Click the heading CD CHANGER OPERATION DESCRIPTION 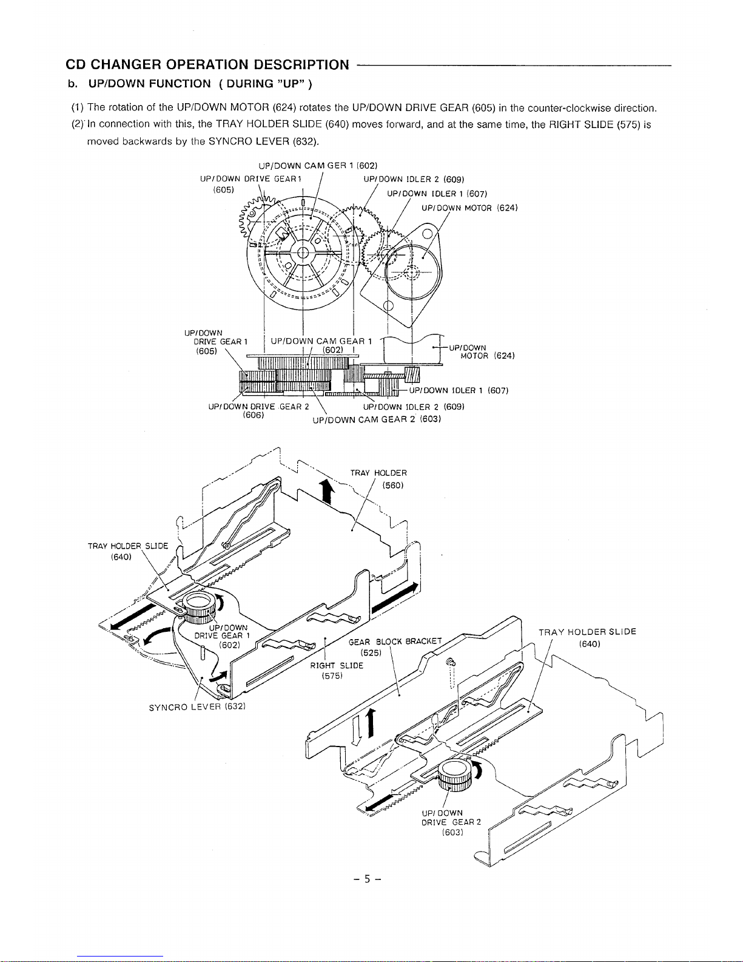(207, 64)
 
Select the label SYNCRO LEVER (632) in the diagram (197, 706)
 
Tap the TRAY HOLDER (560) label (378, 479)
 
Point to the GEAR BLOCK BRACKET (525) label (395, 647)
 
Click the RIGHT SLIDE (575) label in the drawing (337, 671)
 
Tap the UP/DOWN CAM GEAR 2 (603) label (377, 419)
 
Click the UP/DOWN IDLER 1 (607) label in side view (459, 390)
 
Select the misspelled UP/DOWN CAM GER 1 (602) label (318, 166)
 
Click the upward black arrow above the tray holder (327, 492)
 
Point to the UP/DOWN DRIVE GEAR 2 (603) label (451, 822)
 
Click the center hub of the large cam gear (303, 252)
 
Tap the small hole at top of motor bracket (427, 234)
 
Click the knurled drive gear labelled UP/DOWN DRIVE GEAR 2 (455, 773)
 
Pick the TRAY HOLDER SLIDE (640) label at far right (587, 637)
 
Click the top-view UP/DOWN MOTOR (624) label (469, 208)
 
